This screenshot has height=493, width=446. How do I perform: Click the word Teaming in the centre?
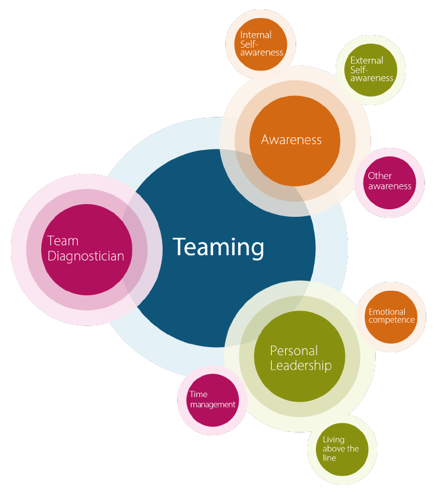point(218,247)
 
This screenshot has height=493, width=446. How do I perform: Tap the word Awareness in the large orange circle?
point(292,140)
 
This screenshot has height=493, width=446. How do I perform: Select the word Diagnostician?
point(85,256)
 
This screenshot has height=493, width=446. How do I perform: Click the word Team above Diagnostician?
point(63,241)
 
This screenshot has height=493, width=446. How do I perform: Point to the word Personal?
point(294,351)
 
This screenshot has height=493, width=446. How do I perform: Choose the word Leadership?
point(300,366)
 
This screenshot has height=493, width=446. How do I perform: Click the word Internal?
point(256,35)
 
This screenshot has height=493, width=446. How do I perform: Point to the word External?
point(366,60)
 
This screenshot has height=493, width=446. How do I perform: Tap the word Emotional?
point(387,312)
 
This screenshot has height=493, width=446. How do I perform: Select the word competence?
point(392,320)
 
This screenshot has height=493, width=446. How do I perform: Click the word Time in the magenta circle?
point(198,395)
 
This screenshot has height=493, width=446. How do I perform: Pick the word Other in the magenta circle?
point(380,176)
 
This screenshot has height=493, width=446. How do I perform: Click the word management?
point(213,405)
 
